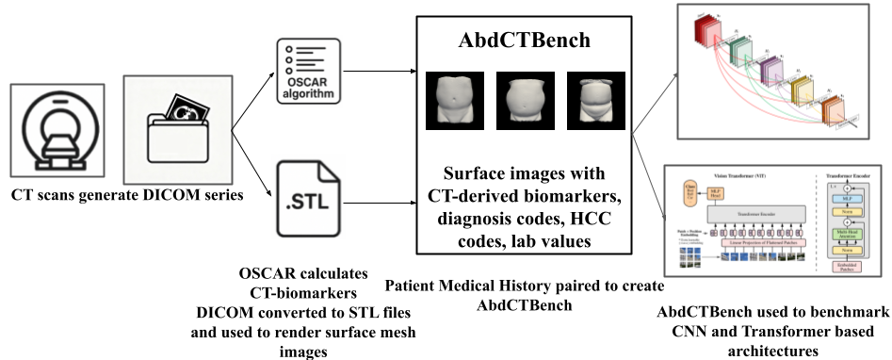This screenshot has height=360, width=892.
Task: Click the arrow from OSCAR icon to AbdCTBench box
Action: point(377,70)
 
